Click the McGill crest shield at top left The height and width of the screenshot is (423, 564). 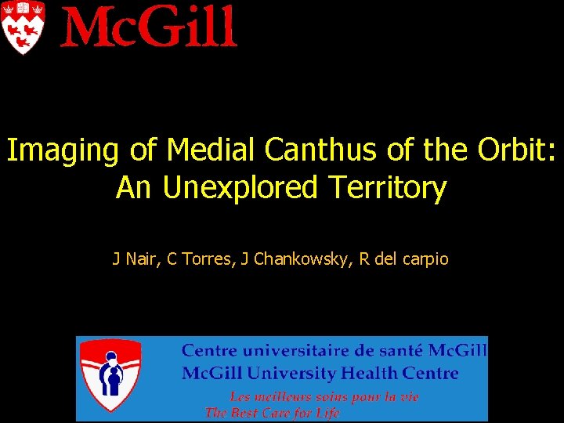[x=23, y=27]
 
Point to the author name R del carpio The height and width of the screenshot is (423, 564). [x=404, y=258]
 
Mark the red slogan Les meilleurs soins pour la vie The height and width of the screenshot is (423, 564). [x=324, y=397]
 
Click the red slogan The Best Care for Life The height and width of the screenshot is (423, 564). [x=272, y=413]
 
